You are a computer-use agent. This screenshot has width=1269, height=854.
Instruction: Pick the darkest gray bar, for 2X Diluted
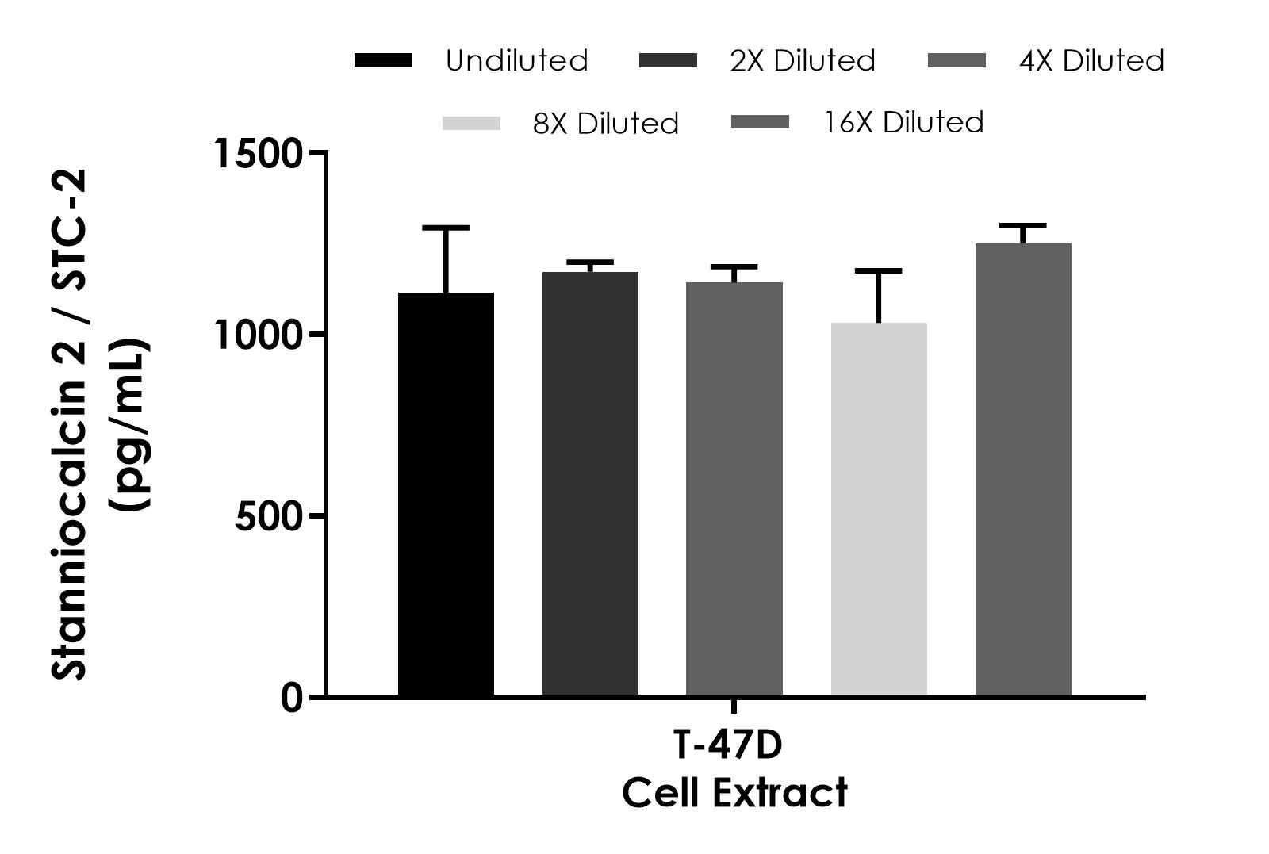590,484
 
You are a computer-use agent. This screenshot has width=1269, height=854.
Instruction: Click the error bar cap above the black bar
446,228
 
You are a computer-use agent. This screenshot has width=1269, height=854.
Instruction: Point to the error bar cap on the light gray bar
879,271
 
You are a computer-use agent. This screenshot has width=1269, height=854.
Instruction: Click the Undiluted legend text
516,61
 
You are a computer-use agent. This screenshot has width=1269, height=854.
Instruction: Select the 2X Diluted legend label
803,61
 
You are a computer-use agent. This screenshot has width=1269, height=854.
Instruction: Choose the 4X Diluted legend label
1091,61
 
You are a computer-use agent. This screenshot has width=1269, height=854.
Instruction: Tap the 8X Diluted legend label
606,124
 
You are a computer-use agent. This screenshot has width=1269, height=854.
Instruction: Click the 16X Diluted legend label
904,123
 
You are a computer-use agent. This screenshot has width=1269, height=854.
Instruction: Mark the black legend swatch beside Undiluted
383,61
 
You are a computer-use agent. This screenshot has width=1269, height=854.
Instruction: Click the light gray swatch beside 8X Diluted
471,124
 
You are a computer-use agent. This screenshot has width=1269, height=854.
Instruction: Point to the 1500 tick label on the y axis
259,153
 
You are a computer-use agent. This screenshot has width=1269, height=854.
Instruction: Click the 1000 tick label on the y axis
259,335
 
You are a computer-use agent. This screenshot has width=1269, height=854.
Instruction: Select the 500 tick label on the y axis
269,517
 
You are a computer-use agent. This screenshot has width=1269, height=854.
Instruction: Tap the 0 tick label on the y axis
292,699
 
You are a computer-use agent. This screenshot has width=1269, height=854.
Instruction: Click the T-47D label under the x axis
727,746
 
